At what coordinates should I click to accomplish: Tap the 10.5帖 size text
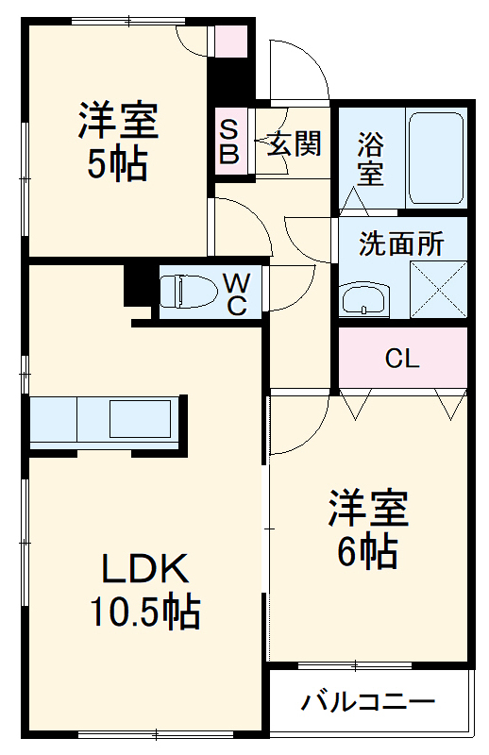click(x=144, y=613)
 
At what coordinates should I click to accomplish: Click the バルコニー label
click(x=368, y=702)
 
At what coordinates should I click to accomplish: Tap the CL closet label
click(x=402, y=359)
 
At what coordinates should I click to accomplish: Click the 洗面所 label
click(x=400, y=243)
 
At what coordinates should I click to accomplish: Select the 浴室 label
click(x=370, y=159)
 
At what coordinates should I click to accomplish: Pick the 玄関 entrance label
click(x=294, y=144)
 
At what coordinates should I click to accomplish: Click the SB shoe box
click(x=229, y=140)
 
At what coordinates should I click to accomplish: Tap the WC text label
click(x=236, y=292)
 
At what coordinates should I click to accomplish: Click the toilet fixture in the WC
click(x=184, y=291)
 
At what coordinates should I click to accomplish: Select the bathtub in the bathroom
click(x=436, y=159)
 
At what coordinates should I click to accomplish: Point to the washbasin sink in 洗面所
click(x=363, y=300)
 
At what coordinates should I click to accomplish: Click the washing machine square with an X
click(x=438, y=290)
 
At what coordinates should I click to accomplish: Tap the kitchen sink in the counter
click(x=140, y=418)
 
